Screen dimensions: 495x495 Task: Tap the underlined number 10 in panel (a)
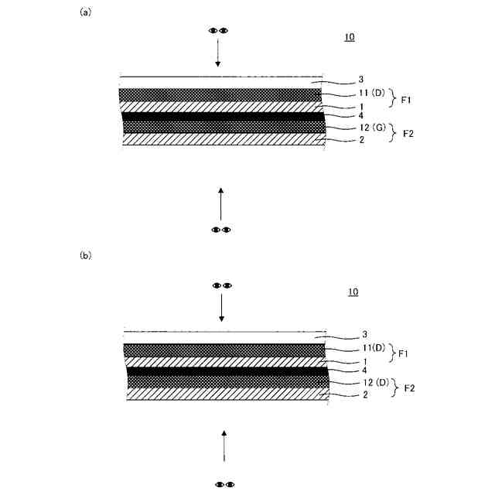pos(350,37)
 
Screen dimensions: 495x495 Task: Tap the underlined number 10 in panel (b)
pos(353,292)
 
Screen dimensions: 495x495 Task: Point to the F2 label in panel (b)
pos(409,388)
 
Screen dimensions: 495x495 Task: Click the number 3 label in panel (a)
pos(361,79)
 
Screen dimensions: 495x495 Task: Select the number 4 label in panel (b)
pos(364,370)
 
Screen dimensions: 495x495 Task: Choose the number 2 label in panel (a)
pos(361,141)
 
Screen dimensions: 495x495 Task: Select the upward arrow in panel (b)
pos(224,446)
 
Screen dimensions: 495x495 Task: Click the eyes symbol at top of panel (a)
pos(218,30)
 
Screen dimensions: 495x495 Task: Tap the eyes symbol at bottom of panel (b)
pos(224,484)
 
